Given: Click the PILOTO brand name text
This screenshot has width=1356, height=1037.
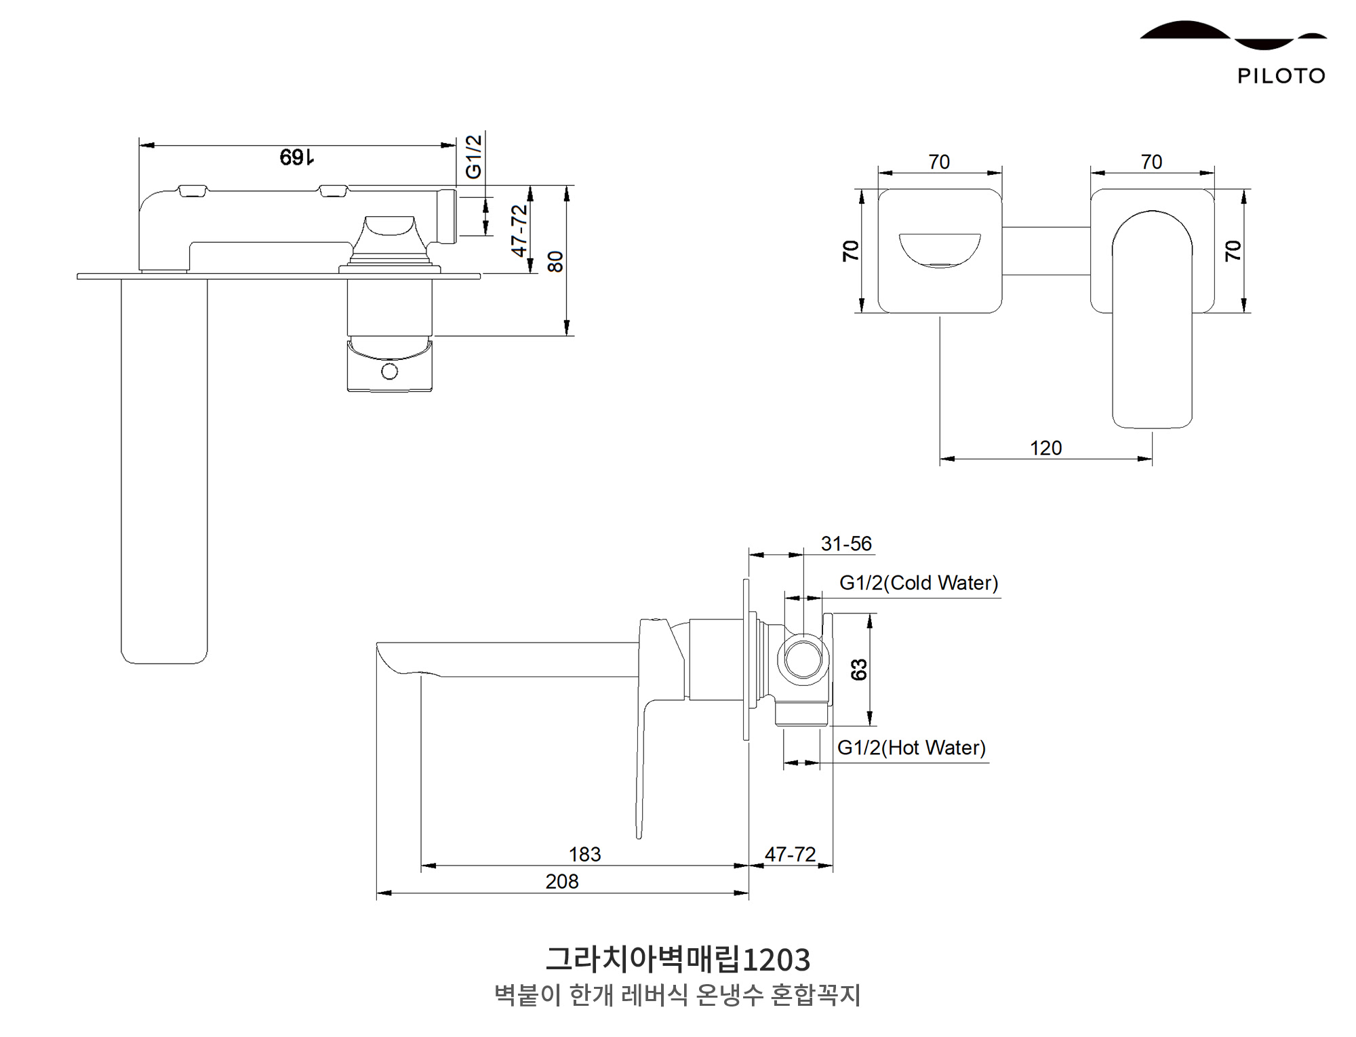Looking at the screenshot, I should (1281, 76).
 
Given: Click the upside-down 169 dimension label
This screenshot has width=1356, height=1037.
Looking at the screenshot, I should (296, 158).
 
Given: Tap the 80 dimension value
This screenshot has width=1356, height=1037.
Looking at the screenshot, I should (555, 261).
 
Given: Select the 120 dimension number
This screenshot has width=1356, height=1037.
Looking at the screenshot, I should (1045, 448).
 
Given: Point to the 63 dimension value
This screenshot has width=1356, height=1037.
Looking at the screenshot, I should (859, 670).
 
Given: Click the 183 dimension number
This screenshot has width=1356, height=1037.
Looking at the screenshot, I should (584, 854).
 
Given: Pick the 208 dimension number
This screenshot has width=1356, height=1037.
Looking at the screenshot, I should (562, 881).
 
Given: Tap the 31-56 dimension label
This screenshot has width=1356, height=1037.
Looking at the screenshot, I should (846, 544).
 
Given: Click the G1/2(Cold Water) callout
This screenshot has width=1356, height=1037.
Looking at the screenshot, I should (919, 583).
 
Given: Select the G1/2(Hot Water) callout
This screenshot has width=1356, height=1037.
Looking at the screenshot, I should (911, 748).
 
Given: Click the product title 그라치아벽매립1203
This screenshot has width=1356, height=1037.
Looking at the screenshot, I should (678, 959).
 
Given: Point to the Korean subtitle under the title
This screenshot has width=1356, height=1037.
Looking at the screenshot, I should (678, 995).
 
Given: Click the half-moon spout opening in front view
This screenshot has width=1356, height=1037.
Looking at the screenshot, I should (940, 249).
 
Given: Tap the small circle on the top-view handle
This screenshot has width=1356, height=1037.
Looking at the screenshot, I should (390, 371).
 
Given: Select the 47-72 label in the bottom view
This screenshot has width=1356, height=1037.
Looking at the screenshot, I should (790, 854).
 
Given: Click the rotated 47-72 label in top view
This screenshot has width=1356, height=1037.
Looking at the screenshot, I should (519, 231).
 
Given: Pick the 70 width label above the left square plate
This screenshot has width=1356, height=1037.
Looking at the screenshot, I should (939, 162).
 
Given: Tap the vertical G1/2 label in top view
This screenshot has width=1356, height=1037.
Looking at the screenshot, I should (474, 157).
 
